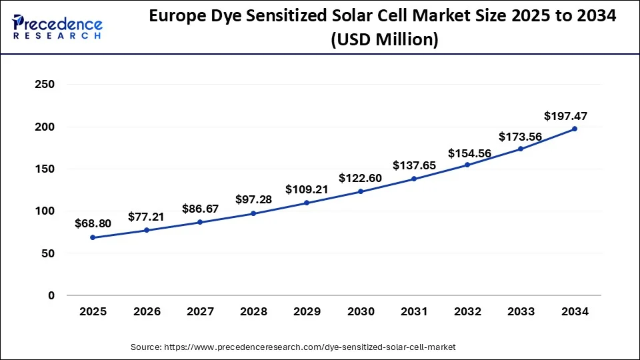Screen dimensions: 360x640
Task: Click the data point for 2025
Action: pos(93,237)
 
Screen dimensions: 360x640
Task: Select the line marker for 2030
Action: pos(361,191)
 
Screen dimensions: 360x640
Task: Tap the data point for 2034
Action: pos(575,129)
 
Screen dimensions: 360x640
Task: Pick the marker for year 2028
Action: pos(253,213)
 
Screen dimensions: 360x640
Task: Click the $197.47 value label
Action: pos(565,116)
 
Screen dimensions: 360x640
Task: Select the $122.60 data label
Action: pos(361,178)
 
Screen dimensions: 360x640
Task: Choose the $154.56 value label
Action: pos(470,153)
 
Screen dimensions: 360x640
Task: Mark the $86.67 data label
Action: pos(201,209)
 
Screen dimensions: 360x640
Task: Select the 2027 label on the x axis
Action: pos(200,312)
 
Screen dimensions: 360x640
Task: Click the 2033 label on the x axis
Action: pos(521,312)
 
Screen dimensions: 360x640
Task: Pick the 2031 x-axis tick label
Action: pos(414,312)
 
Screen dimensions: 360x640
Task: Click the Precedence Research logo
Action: pos(57,28)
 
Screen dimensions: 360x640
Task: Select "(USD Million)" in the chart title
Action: pos(385,40)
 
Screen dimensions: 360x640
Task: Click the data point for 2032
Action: pos(467,165)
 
